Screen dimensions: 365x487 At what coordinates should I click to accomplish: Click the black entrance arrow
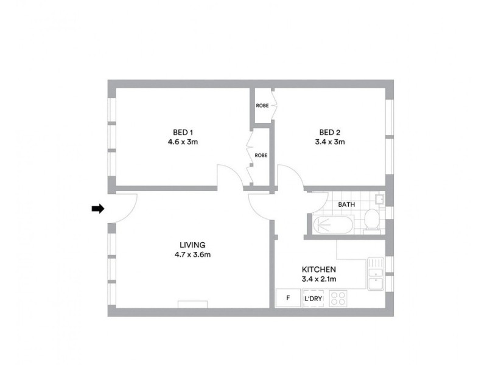pyautogui.click(x=97, y=209)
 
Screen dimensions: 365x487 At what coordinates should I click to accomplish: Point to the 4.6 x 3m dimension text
pyautogui.click(x=183, y=142)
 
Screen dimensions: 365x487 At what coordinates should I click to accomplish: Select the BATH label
pyautogui.click(x=346, y=205)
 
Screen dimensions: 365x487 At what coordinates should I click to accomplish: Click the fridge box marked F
pyautogui.click(x=288, y=298)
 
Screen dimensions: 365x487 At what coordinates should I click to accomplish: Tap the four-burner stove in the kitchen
pyautogui.click(x=338, y=298)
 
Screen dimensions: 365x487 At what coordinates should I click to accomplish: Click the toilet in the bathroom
pyautogui.click(x=371, y=220)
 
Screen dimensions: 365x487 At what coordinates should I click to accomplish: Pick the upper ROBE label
pyautogui.click(x=262, y=105)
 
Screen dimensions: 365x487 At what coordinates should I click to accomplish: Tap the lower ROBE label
pyautogui.click(x=261, y=155)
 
